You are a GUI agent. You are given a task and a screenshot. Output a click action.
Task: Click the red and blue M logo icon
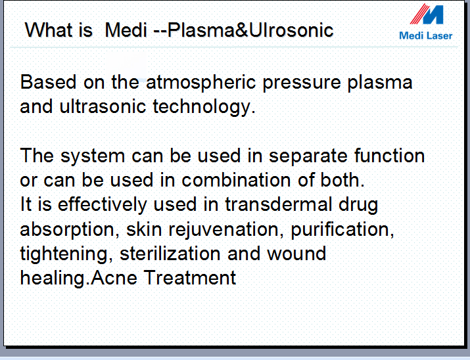427,14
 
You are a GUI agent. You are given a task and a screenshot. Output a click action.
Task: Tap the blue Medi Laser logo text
426,35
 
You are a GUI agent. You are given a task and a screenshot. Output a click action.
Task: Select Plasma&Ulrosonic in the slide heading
250,30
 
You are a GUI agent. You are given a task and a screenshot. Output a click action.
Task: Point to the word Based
48,81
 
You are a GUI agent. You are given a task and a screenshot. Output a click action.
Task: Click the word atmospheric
201,83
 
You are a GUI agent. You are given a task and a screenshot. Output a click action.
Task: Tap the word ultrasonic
103,106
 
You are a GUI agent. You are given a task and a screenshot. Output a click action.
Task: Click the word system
93,157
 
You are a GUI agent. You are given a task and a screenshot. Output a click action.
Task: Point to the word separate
308,157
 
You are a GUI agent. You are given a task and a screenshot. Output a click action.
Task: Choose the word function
389,156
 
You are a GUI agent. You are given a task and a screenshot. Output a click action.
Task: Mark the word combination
236,180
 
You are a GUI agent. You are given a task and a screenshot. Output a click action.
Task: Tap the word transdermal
279,204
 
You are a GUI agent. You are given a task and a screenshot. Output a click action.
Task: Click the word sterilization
170,254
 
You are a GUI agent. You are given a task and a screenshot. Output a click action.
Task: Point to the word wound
296,254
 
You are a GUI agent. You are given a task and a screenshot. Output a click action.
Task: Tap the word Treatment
190,278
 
